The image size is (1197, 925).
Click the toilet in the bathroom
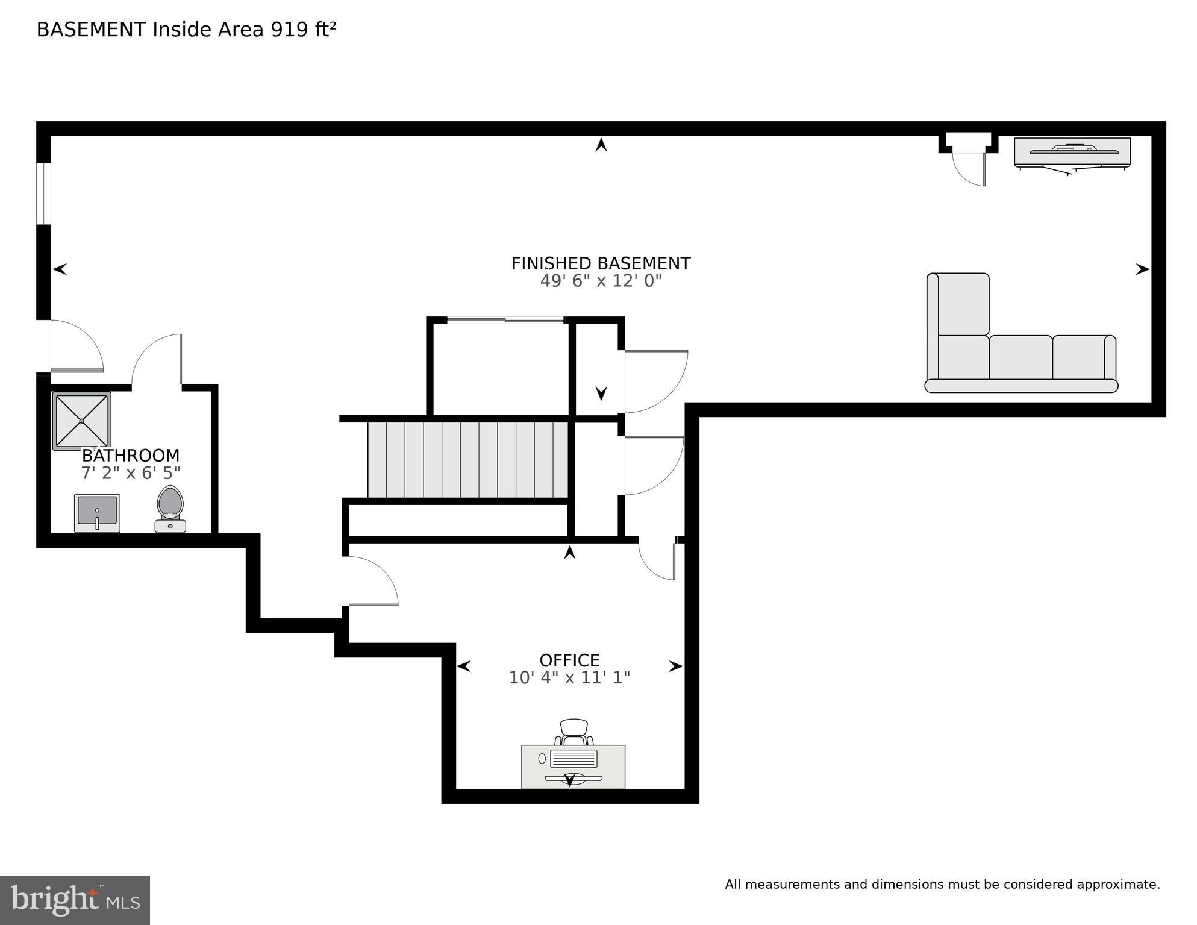(170, 508)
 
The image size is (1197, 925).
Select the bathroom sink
(97, 513)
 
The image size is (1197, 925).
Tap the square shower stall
(81, 421)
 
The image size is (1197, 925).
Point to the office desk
(573, 767)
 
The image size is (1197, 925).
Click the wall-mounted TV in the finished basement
(1072, 152)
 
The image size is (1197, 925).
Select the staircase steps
(467, 460)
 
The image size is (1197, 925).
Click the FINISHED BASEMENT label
(601, 263)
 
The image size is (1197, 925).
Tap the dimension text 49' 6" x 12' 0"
(601, 281)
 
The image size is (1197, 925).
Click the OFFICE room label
(569, 660)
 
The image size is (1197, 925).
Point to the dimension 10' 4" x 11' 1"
(569, 678)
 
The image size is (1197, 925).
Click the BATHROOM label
(131, 455)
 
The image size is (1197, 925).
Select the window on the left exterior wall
(43, 193)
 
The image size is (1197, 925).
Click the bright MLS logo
(75, 900)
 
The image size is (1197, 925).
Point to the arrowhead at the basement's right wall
(1142, 269)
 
